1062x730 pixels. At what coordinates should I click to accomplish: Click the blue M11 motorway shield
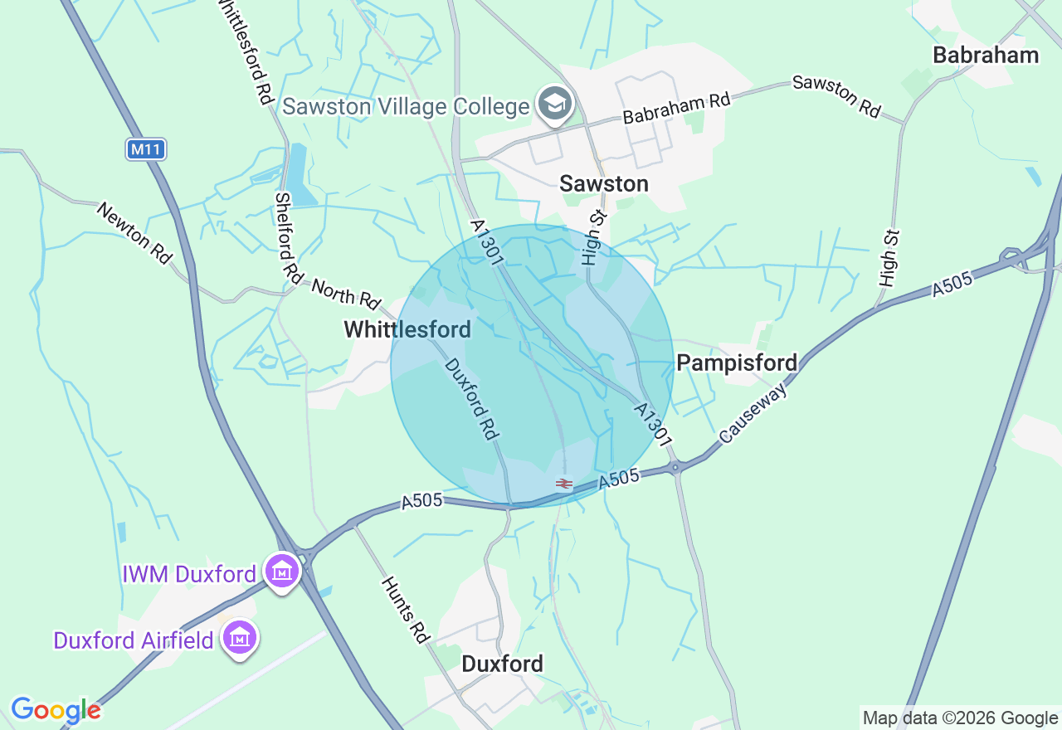tap(147, 149)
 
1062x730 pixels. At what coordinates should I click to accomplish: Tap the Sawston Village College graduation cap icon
tap(554, 105)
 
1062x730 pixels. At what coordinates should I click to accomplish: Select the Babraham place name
tap(986, 56)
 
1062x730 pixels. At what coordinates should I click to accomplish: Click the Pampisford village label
tap(737, 363)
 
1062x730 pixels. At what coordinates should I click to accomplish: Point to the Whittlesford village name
tap(407, 329)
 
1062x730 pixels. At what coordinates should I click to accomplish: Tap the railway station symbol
tap(564, 483)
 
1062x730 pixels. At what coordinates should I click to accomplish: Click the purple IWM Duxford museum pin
tap(283, 572)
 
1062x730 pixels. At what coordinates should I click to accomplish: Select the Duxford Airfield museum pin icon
tap(241, 638)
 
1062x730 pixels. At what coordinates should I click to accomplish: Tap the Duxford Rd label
tap(470, 399)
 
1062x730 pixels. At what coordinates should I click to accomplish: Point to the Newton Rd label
tap(134, 233)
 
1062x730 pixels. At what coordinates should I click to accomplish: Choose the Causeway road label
tap(753, 413)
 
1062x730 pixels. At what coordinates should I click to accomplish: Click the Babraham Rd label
tap(676, 108)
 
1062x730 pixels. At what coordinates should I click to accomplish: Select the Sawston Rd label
tap(836, 96)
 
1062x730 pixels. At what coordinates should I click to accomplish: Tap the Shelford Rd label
tap(290, 236)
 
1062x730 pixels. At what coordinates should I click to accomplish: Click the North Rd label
tap(346, 292)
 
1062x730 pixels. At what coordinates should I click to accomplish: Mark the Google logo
tap(56, 710)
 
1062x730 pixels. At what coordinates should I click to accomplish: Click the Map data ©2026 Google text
tap(960, 718)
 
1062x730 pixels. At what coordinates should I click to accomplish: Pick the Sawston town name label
tap(604, 183)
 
